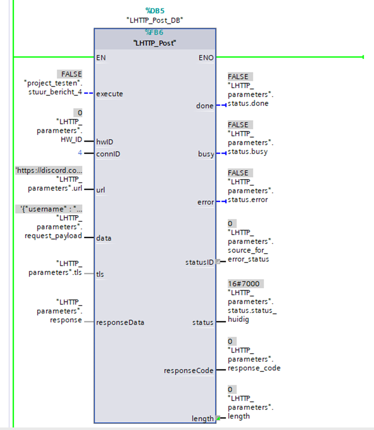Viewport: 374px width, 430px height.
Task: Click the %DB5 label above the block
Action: pyautogui.click(x=155, y=11)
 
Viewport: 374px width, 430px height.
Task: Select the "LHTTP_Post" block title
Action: pyautogui.click(x=155, y=43)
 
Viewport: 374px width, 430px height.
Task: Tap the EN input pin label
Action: pyautogui.click(x=101, y=58)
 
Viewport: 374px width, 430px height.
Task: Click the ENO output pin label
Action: pyautogui.click(x=206, y=58)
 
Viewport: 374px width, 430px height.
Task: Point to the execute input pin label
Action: pyautogui.click(x=109, y=94)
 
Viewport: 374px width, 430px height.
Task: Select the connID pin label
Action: pyautogui.click(x=108, y=154)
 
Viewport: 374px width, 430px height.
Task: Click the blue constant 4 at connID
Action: pyautogui.click(x=80, y=153)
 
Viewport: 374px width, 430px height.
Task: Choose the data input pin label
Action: pyautogui.click(x=104, y=238)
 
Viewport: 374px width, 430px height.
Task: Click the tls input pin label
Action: pyautogui.click(x=100, y=274)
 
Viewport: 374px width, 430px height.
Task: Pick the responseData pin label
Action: pyautogui.click(x=120, y=323)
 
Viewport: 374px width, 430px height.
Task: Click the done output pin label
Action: pyautogui.click(x=205, y=106)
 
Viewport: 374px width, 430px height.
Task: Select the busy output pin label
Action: pyautogui.click(x=206, y=154)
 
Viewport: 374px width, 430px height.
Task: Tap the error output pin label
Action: pyautogui.click(x=205, y=202)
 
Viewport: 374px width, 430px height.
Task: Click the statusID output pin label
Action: pyautogui.click(x=199, y=263)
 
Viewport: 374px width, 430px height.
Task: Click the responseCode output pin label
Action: pyautogui.click(x=188, y=370)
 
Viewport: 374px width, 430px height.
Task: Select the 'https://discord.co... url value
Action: pyautogui.click(x=49, y=170)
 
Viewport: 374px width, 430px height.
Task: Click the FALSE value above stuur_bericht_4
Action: pyautogui.click(x=71, y=74)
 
